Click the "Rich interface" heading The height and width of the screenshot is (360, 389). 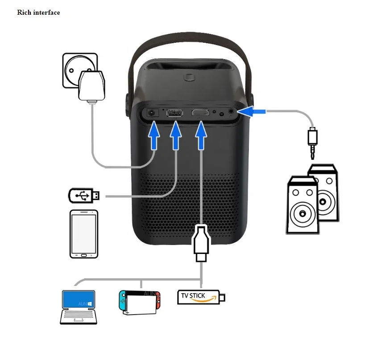click(x=38, y=12)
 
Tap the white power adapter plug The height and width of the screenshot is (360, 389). click(x=92, y=86)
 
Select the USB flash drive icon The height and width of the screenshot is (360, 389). click(x=84, y=195)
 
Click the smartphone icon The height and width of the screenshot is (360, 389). click(x=84, y=233)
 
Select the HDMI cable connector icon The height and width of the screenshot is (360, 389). click(x=201, y=244)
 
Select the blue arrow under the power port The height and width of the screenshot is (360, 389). click(x=154, y=136)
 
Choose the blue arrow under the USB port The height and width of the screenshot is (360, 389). click(x=176, y=136)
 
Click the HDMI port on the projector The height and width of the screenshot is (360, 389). click(x=200, y=113)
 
